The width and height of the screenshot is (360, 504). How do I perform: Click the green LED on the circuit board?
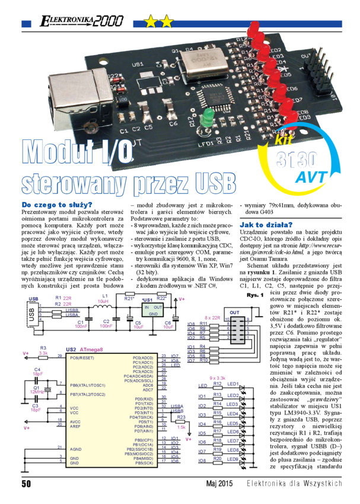tap(207, 116)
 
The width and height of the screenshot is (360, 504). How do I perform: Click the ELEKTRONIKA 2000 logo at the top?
tap(80, 21)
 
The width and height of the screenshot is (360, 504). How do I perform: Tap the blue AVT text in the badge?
tap(311, 177)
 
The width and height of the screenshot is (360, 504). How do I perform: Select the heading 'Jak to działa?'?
tap(266, 225)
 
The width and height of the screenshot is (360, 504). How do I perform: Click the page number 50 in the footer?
tap(27, 483)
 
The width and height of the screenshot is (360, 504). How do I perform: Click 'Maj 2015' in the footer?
tap(219, 483)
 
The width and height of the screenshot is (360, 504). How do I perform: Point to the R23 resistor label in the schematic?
tap(181, 416)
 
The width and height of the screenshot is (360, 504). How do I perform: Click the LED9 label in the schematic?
tap(232, 459)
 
